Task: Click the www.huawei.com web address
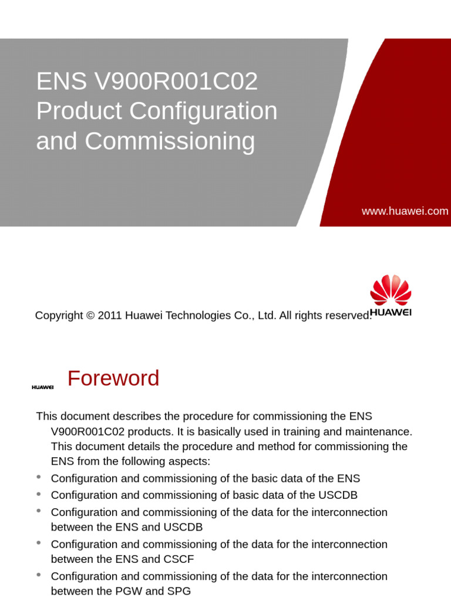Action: click(405, 211)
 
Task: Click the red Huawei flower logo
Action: click(391, 289)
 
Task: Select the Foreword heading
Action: click(113, 379)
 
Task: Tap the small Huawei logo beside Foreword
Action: click(42, 387)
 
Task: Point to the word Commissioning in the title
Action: click(170, 141)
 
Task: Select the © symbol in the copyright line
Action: click(90, 316)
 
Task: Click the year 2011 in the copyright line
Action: click(110, 316)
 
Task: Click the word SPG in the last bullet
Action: click(179, 591)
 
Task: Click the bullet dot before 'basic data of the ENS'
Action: click(39, 478)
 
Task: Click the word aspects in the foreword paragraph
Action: click(189, 461)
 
